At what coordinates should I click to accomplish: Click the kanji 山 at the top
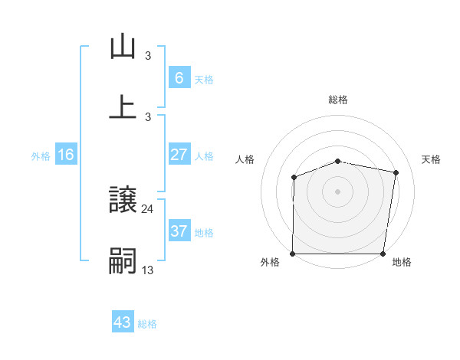123,47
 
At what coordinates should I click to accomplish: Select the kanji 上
123,106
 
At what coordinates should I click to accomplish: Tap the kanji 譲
123,201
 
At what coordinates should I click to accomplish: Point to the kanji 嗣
123,261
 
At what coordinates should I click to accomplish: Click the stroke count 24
148,208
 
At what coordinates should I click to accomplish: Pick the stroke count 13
148,270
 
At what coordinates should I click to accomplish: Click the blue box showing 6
179,78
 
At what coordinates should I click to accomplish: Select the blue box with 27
179,155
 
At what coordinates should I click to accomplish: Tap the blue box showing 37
179,231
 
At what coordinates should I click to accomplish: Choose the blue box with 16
66,155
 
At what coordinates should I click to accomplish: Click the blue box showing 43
123,322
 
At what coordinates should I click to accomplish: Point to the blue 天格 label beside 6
204,79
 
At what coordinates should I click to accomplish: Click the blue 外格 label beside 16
41,155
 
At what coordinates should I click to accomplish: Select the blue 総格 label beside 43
147,323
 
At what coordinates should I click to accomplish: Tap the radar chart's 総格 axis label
337,100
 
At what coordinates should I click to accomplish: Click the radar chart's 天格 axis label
431,159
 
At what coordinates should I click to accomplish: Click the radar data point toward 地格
383,254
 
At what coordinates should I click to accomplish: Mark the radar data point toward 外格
293,254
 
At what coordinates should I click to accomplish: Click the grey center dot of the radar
337,191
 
